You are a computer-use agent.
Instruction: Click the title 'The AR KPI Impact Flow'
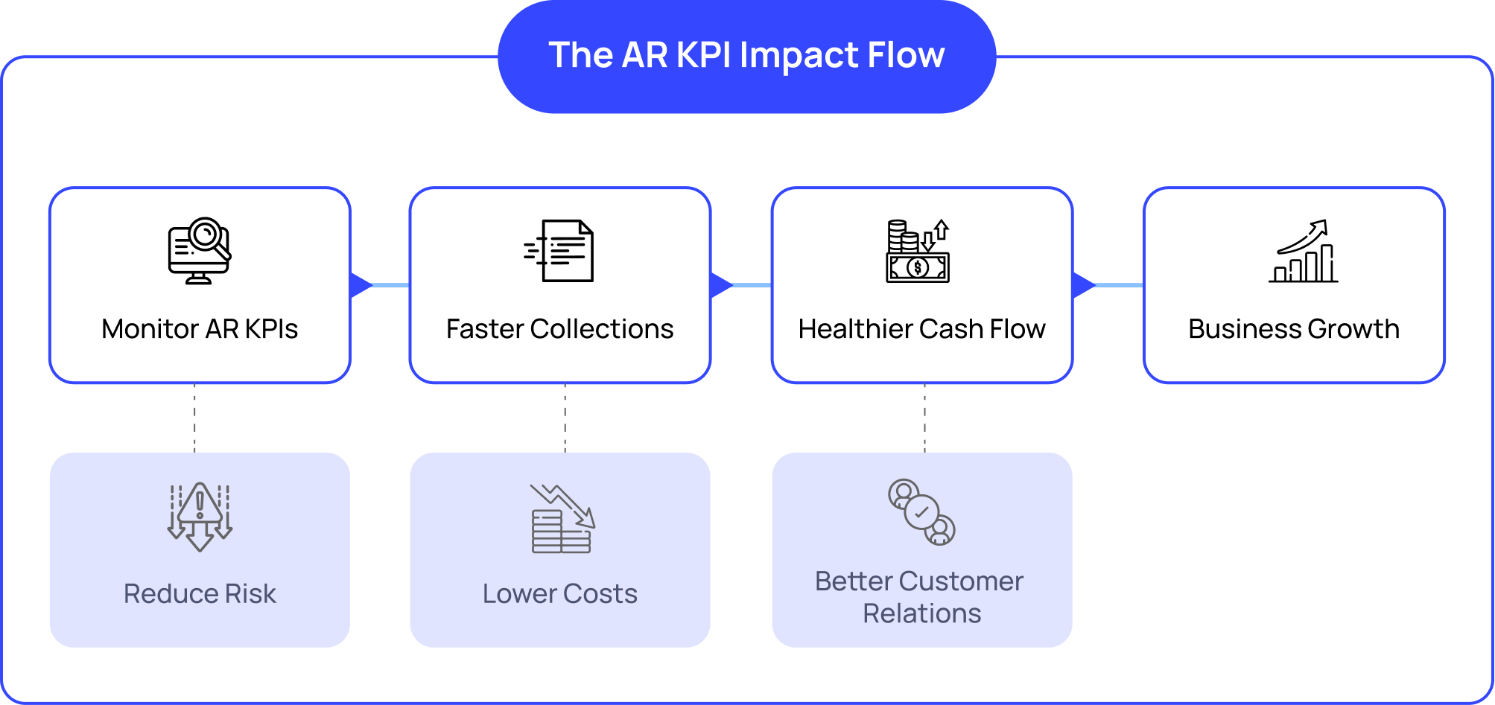click(746, 55)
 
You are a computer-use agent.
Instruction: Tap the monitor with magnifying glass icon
click(199, 251)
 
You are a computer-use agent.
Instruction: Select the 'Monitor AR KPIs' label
click(200, 329)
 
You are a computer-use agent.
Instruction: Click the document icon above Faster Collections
click(560, 251)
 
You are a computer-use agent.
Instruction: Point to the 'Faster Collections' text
click(559, 329)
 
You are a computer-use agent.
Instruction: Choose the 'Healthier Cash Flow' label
click(921, 329)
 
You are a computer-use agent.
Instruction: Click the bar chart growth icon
click(1304, 251)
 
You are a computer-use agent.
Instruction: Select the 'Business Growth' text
click(1294, 329)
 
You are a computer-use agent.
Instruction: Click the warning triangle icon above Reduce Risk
click(200, 517)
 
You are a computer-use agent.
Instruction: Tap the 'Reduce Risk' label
click(200, 594)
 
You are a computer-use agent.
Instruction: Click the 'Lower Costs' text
click(559, 594)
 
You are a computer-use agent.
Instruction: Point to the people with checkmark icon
click(921, 512)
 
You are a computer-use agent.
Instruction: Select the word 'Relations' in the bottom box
click(921, 613)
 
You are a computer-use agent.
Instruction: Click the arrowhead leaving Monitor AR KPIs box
click(360, 285)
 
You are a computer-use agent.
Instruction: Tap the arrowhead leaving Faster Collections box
click(720, 285)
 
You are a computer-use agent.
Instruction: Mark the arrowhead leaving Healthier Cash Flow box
click(1082, 285)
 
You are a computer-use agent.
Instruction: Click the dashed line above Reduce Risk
click(194, 418)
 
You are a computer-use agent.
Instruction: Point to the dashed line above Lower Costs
click(565, 418)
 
